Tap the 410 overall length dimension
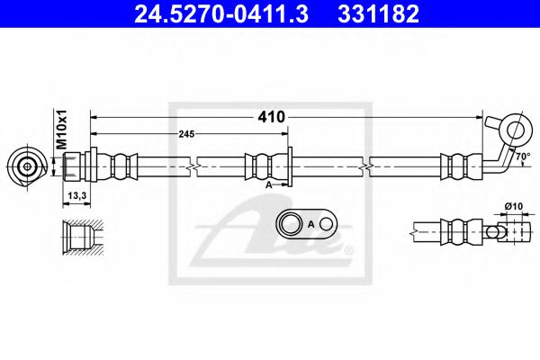pos(271,117)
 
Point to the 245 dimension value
pos(186,134)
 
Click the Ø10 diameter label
pos(513,206)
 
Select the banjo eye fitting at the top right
pos(513,129)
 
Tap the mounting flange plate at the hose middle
pos(289,166)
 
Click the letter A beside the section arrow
pos(268,183)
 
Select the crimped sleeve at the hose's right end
pos(456,166)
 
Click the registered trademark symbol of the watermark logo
pos(349,250)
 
